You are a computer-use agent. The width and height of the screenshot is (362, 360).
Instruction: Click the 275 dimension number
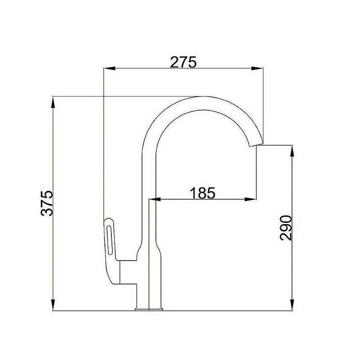pos(183,62)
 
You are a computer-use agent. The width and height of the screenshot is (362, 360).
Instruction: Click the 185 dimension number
pos(203,193)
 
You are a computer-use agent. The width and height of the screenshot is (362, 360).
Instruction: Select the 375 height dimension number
pos(47,203)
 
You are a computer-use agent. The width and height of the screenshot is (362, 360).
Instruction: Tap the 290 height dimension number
pos(286,228)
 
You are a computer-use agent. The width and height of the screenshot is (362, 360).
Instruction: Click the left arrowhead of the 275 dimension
pos(109,68)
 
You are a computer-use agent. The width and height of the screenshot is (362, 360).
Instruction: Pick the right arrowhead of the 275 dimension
pos(257,68)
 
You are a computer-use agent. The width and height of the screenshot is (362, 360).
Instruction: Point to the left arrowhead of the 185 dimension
pos(155,199)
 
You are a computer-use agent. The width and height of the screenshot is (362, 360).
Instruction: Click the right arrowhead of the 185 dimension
pos(250,199)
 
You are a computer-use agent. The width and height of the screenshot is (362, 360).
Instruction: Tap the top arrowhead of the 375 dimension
pos(53,102)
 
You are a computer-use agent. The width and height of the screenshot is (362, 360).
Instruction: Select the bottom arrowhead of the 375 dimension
pos(53,305)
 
